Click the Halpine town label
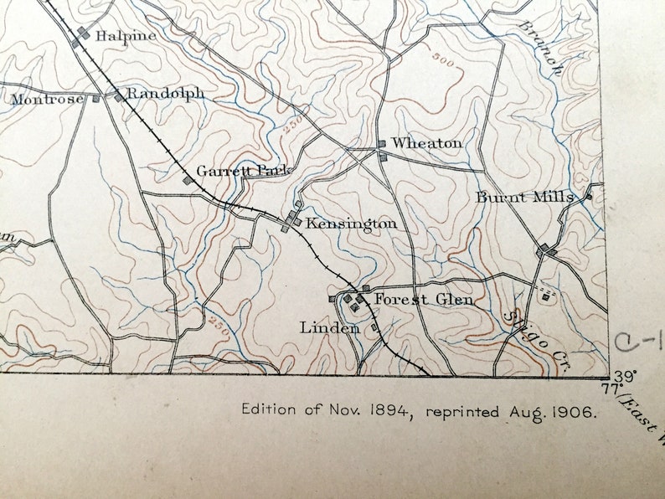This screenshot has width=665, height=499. point(126,36)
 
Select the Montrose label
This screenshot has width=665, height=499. point(47,100)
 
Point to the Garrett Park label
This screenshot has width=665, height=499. point(243,171)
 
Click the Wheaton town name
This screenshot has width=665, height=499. point(426,143)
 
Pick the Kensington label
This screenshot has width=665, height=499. point(351,224)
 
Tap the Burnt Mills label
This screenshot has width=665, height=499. point(525,198)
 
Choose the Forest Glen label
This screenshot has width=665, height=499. point(423,299)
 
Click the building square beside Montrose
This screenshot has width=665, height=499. point(95,99)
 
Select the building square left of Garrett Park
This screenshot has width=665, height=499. point(188,178)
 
